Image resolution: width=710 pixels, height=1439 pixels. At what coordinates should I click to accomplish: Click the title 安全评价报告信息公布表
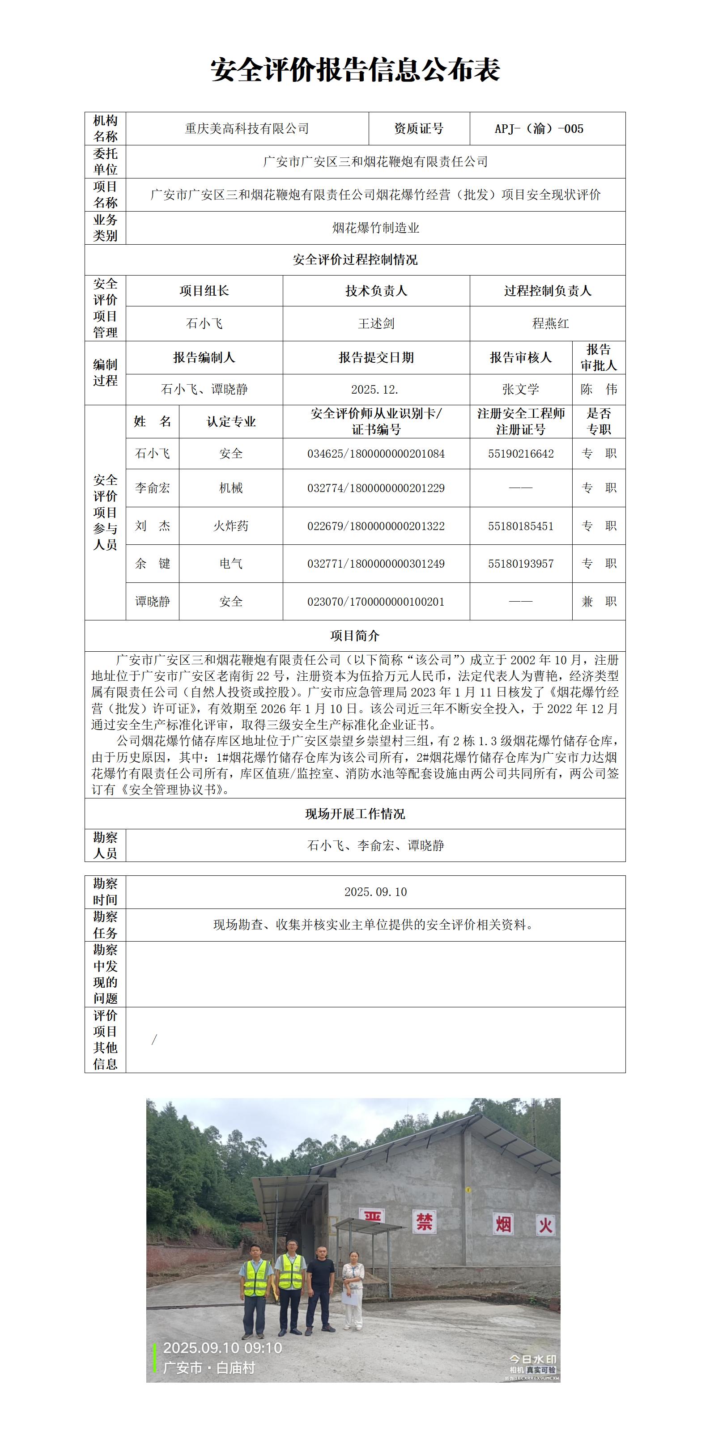click(x=355, y=70)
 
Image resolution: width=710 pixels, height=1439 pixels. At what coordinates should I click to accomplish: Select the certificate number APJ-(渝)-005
click(x=539, y=128)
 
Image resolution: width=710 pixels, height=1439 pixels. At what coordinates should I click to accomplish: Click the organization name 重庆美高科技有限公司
click(x=247, y=128)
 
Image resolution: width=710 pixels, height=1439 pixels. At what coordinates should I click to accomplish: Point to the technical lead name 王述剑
click(x=376, y=323)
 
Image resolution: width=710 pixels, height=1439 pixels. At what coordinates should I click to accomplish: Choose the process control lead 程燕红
click(x=550, y=323)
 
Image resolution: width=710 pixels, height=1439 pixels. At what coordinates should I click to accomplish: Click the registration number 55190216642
click(x=521, y=454)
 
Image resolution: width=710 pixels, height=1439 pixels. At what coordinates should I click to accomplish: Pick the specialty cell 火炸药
click(x=231, y=526)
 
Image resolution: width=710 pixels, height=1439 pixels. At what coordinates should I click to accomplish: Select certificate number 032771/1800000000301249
click(x=376, y=564)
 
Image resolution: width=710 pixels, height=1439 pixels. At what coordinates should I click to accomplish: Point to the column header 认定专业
click(x=231, y=422)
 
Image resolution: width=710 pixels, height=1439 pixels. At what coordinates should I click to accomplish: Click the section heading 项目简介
click(x=355, y=636)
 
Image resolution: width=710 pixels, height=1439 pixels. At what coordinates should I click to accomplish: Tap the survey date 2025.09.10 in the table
click(x=375, y=892)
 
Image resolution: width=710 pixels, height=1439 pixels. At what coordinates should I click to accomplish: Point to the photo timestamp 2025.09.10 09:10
click(x=222, y=1348)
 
